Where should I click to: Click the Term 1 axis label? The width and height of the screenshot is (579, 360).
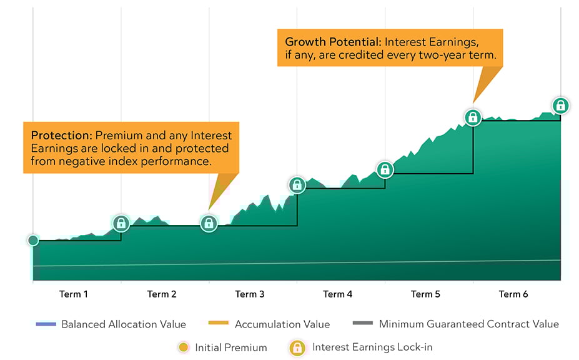74,294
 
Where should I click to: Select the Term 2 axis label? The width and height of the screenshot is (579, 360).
162,294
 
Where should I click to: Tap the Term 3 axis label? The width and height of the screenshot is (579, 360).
250,294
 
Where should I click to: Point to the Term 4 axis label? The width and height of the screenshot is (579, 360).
337,294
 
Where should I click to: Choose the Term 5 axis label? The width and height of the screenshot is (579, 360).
425,294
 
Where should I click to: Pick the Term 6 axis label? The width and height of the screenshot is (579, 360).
513,294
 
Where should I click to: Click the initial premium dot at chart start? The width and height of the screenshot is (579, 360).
33,241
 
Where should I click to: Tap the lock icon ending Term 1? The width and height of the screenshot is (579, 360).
121,223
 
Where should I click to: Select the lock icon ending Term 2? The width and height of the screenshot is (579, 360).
209,223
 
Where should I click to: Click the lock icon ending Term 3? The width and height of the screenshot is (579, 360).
297,185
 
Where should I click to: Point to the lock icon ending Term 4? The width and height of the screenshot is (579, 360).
385,169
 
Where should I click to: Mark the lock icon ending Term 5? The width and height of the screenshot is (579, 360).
473,117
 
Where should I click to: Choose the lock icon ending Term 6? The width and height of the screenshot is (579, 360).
560,106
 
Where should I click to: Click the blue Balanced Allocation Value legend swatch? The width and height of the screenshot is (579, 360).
46,324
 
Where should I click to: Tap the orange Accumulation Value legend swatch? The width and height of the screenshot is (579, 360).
219,323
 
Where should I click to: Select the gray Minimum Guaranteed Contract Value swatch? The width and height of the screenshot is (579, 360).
363,323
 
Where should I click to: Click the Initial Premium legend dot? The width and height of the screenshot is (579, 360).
183,347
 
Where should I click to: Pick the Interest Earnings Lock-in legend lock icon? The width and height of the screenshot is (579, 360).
297,347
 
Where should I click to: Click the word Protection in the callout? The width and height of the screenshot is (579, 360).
61,135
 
